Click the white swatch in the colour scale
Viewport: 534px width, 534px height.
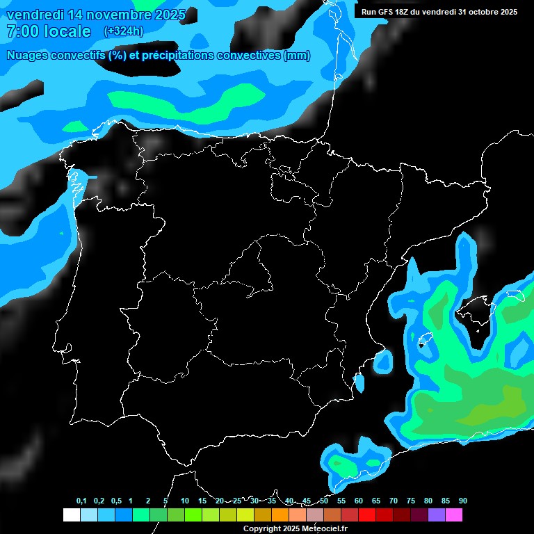[71, 515]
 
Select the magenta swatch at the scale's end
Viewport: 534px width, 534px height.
[454, 515]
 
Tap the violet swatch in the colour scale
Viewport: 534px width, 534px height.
[437, 515]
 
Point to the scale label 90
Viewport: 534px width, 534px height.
[463, 501]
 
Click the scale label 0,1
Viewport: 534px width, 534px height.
[81, 501]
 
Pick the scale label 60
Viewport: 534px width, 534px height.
[359, 501]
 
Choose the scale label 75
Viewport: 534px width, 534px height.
[411, 501]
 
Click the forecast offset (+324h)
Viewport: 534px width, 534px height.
[124, 31]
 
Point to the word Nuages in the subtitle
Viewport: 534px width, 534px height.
[26, 56]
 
